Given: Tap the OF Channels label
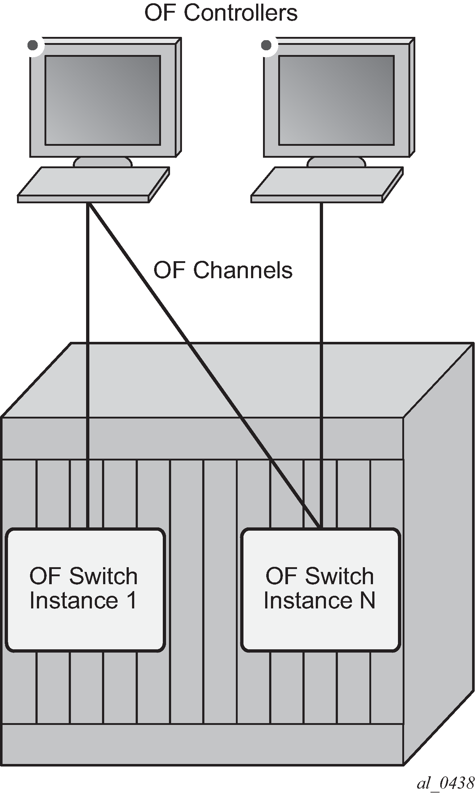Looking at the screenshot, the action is click(223, 270).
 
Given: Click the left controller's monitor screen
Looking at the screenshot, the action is click(103, 100).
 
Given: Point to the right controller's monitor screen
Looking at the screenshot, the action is click(336, 100).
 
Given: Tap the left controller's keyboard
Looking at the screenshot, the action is click(93, 184).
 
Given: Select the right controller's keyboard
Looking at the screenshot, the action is click(327, 184).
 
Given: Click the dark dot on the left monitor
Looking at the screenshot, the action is click(33, 45).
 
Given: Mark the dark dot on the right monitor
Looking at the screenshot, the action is click(266, 45).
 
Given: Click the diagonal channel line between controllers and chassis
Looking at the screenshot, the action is click(204, 366).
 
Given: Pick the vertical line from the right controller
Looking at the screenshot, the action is click(321, 366).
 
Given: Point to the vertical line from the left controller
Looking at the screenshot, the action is click(88, 366).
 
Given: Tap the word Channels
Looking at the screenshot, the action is click(243, 270).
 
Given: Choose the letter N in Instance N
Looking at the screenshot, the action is click(367, 600).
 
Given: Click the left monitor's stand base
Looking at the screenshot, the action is click(103, 162).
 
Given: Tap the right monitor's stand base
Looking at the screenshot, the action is click(336, 162).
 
